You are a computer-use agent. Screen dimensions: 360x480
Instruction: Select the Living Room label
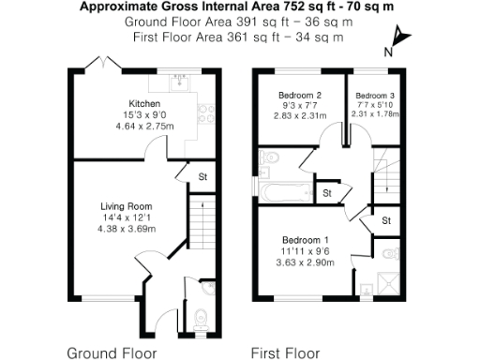[x=127, y=206]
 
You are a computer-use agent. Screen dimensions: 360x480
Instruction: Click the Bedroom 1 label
[x=308, y=240]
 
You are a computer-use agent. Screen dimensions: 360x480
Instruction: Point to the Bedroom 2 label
[x=300, y=96]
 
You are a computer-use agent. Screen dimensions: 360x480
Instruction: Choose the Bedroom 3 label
[x=375, y=96]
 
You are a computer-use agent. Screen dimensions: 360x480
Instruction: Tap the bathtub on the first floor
[x=282, y=193]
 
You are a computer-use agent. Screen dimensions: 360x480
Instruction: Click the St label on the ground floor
[x=202, y=175]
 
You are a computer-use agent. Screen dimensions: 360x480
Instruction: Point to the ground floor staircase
[x=198, y=225]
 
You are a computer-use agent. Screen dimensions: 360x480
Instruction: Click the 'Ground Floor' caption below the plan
[x=106, y=353]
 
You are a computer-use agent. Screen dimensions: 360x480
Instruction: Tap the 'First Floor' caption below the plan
[x=285, y=353]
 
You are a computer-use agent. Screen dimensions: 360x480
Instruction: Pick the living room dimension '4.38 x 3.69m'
[x=127, y=228]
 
